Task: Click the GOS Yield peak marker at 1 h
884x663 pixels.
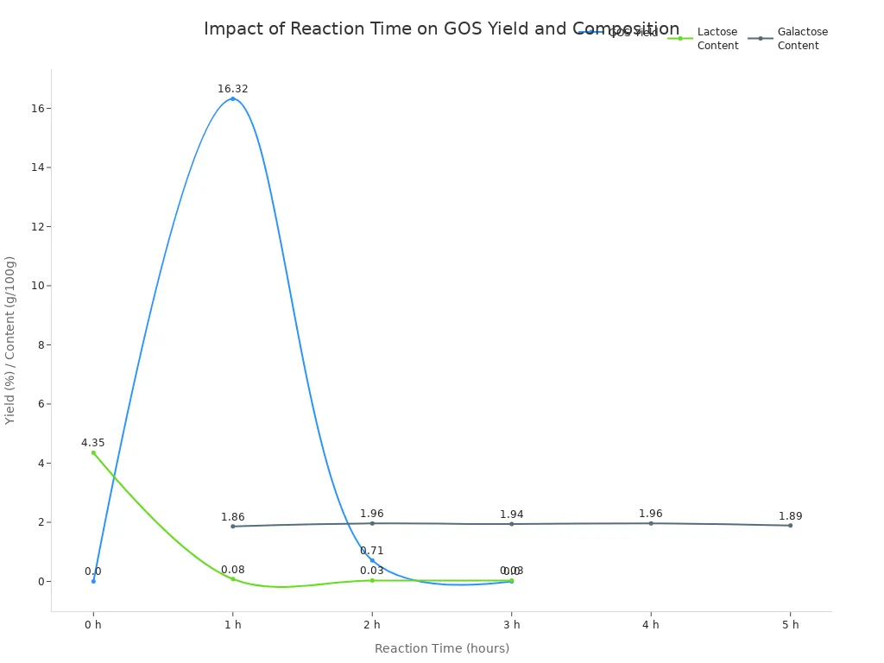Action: click(232, 98)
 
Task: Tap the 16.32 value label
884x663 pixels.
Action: click(232, 89)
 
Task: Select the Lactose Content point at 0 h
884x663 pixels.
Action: click(93, 452)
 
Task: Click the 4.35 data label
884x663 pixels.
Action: click(93, 443)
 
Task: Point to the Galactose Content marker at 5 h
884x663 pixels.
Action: click(790, 525)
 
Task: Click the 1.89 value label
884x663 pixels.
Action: click(790, 516)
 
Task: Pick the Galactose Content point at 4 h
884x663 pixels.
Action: click(651, 523)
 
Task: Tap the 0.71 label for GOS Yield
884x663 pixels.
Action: click(372, 551)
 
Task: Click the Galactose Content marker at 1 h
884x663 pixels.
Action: click(232, 526)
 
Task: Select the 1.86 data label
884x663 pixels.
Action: click(232, 517)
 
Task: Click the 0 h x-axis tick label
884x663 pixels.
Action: click(93, 625)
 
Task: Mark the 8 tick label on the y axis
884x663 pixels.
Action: click(40, 344)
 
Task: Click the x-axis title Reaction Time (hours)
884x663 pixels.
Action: click(441, 648)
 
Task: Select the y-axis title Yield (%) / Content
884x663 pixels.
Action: click(10, 340)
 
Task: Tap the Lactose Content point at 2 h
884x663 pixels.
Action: click(372, 580)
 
